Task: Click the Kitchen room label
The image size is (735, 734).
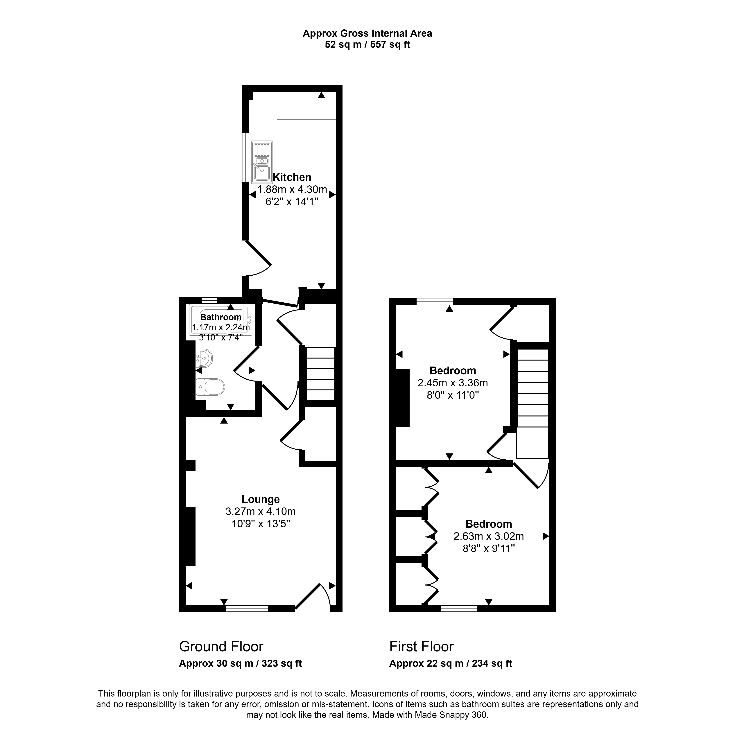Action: [292, 177]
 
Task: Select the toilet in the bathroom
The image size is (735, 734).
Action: [210, 387]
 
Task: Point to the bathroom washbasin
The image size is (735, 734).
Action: [204, 358]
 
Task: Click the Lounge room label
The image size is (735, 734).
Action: [261, 499]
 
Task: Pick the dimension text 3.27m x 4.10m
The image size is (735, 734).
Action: [261, 512]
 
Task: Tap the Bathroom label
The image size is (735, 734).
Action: [221, 317]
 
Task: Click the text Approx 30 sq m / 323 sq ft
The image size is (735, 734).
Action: [240, 664]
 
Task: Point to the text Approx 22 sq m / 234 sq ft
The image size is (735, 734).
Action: [451, 664]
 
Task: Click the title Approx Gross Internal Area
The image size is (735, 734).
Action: [367, 33]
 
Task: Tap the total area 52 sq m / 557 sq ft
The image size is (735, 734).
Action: [367, 44]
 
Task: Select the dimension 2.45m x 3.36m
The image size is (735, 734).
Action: [453, 383]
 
